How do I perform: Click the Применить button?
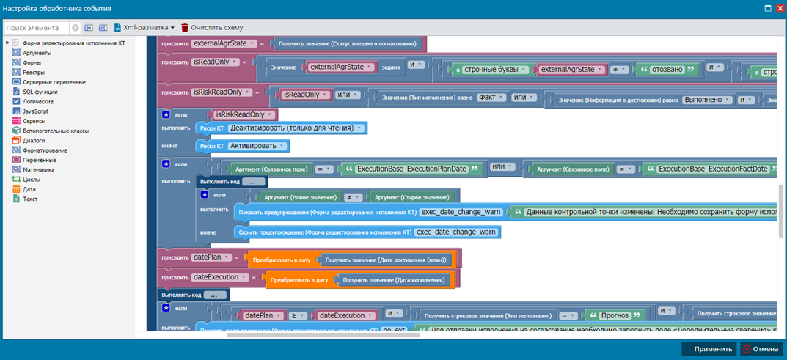[x=709, y=349]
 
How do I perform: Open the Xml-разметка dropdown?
[x=144, y=27]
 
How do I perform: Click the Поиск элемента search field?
[x=37, y=28]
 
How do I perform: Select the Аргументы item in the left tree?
[x=37, y=53]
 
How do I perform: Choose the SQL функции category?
[x=40, y=92]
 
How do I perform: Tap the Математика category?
[x=38, y=169]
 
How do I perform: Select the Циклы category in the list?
[x=32, y=179]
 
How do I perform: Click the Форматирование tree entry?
[x=45, y=150]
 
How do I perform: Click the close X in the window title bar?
[x=777, y=8]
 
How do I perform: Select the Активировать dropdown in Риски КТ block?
[x=257, y=146]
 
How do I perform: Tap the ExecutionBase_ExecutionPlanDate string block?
[x=411, y=169]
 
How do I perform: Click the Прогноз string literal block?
[x=615, y=315]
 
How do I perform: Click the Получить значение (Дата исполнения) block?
[x=394, y=279]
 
